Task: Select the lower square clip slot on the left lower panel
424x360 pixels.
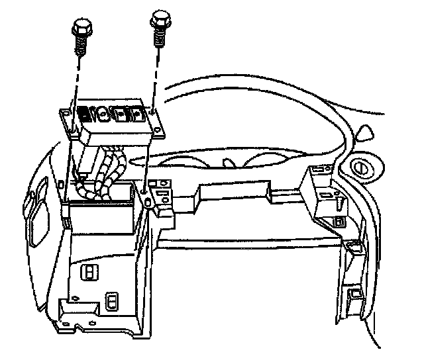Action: [113, 304]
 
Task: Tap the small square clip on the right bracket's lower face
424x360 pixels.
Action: [339, 222]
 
